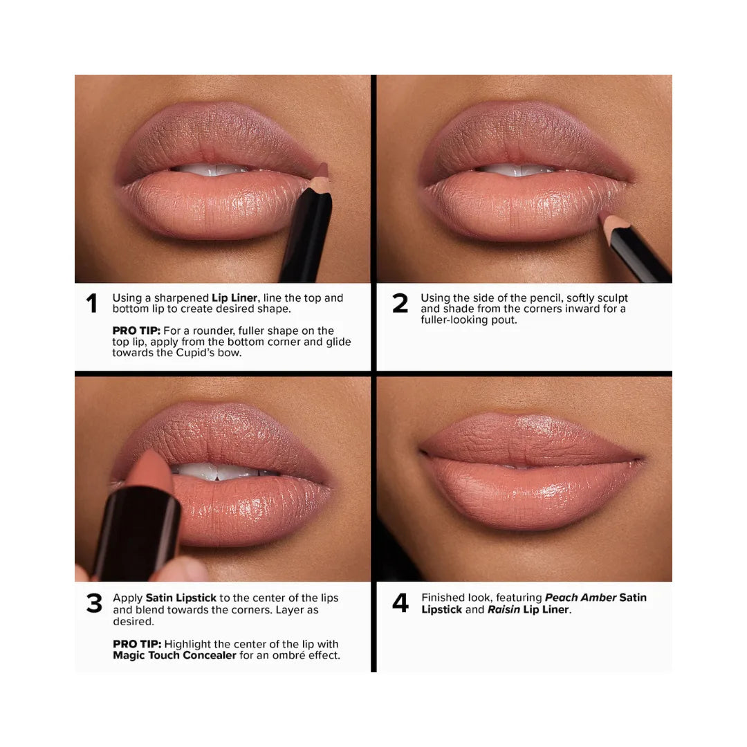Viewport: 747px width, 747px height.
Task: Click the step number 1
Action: [91, 304]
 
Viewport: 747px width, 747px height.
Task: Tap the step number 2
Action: [400, 304]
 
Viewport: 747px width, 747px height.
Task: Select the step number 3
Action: [93, 603]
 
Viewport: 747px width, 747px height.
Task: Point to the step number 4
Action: [400, 603]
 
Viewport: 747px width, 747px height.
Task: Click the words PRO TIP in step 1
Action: [136, 331]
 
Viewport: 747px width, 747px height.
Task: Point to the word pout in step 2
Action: [504, 320]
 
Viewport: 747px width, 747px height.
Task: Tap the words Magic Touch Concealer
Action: [174, 655]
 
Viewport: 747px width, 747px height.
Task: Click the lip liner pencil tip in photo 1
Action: [320, 182]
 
